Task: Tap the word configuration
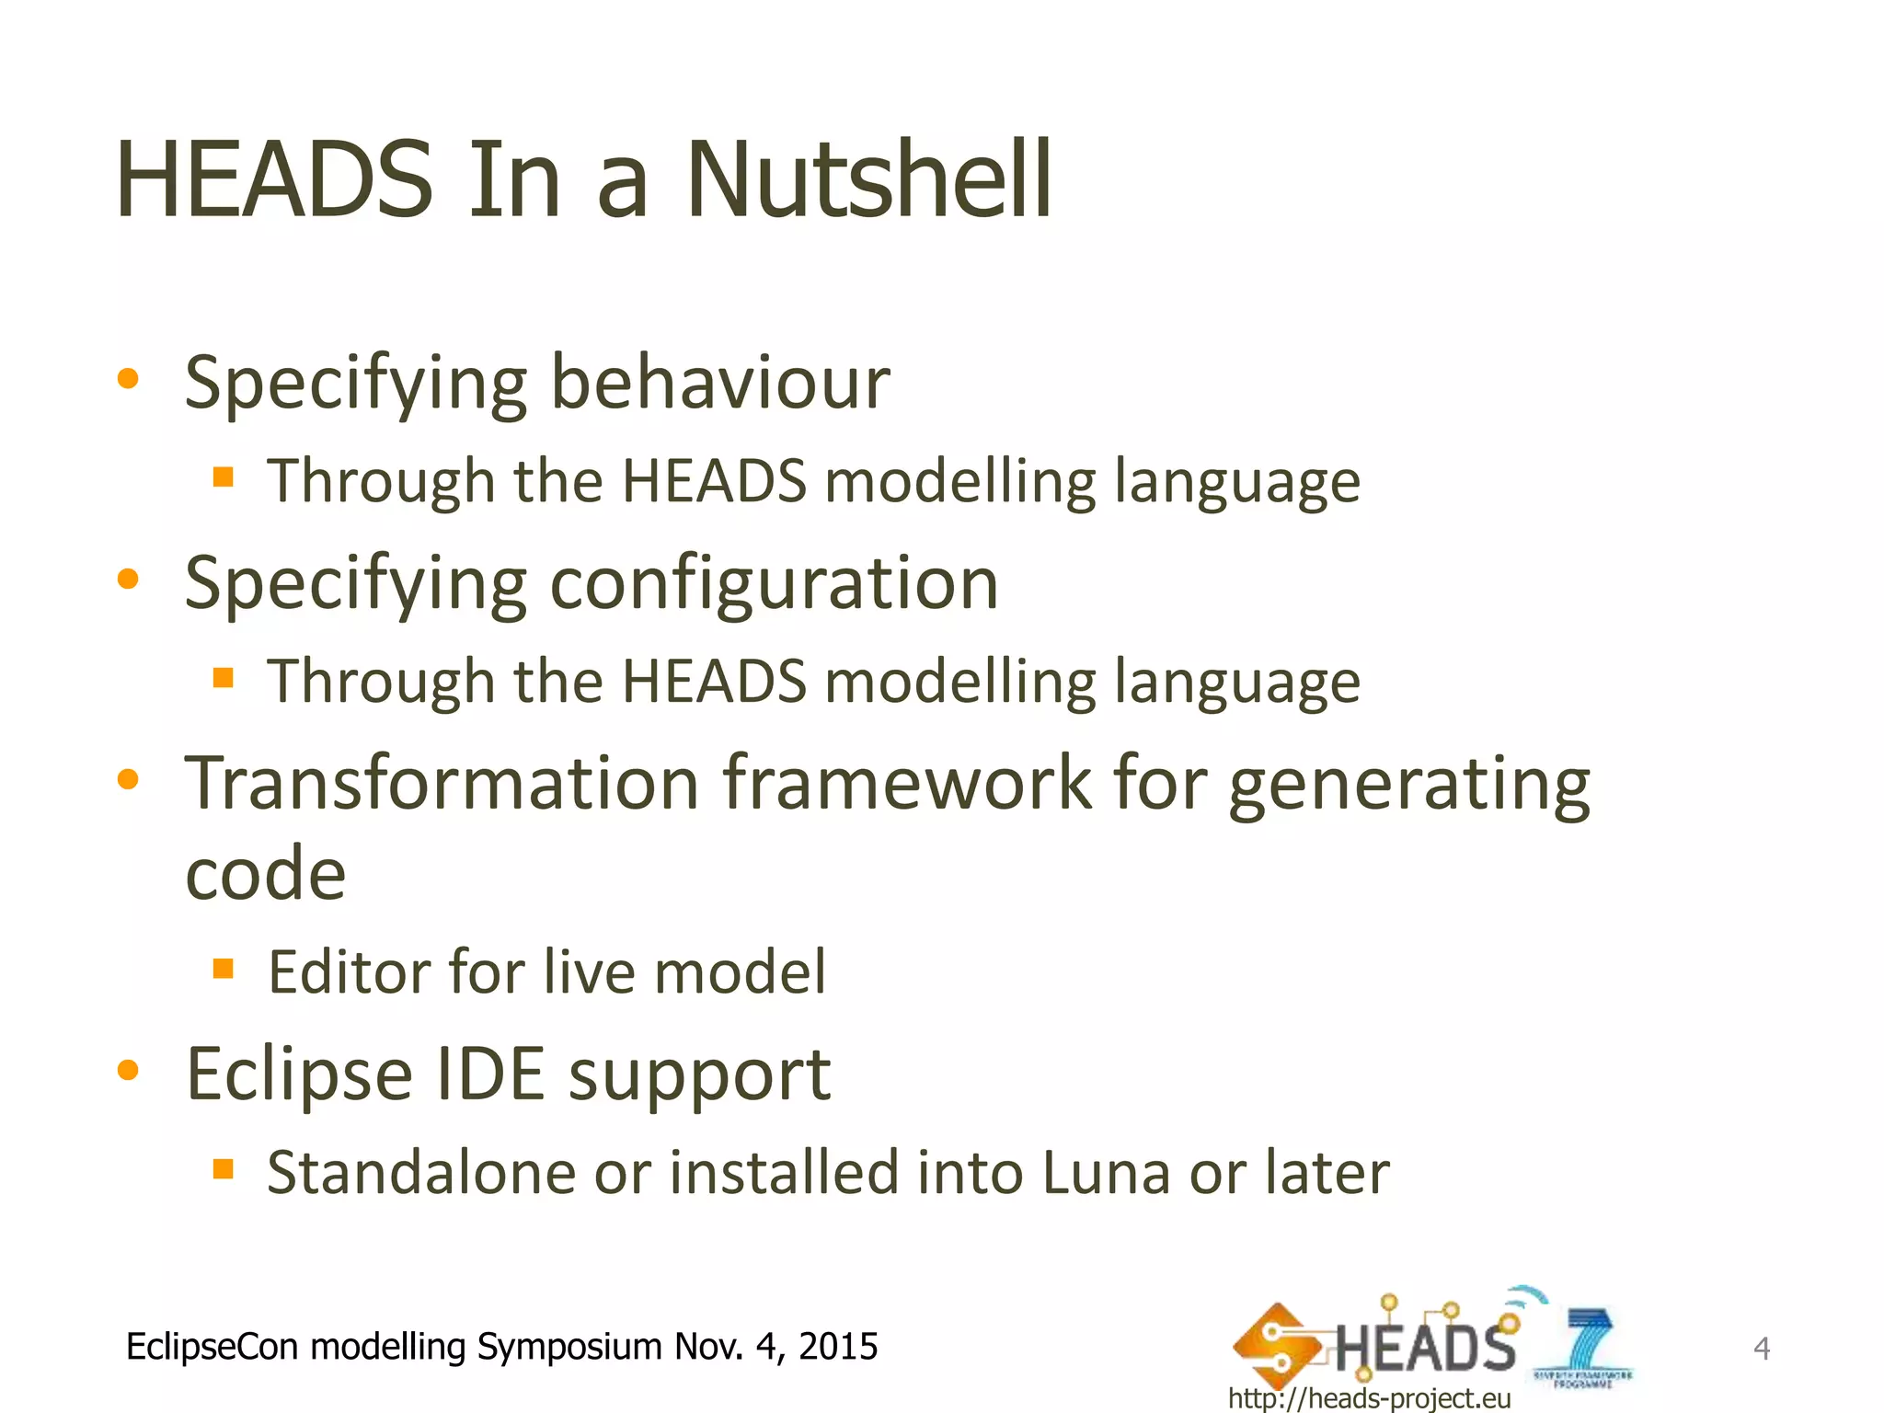[774, 583]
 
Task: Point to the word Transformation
[442, 783]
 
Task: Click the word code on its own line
[266, 873]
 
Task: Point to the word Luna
[1105, 1173]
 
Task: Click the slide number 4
[1761, 1349]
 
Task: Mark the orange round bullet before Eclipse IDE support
[128, 1070]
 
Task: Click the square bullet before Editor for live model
[223, 969]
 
